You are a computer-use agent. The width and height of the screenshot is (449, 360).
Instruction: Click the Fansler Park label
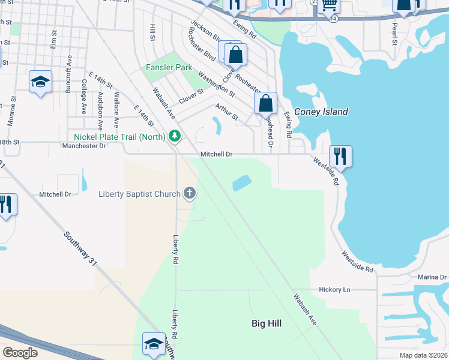pyautogui.click(x=169, y=68)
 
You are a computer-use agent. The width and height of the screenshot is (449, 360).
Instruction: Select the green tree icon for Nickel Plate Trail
pyautogui.click(x=175, y=137)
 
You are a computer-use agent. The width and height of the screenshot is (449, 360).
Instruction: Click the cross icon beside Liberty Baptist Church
pyautogui.click(x=190, y=193)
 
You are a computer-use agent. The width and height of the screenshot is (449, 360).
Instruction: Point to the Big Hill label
pyautogui.click(x=267, y=323)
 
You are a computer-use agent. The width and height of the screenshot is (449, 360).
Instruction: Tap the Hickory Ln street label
pyautogui.click(x=339, y=289)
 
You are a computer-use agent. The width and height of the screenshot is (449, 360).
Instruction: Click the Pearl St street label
pyautogui.click(x=394, y=34)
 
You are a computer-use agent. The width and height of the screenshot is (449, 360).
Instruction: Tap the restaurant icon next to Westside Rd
pyautogui.click(x=340, y=156)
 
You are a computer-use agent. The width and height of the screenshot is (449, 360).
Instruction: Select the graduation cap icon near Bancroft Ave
pyautogui.click(x=40, y=82)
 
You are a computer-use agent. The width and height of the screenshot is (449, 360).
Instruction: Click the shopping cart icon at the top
pyautogui.click(x=328, y=5)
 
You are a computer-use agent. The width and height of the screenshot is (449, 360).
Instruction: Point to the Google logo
pyautogui.click(x=20, y=352)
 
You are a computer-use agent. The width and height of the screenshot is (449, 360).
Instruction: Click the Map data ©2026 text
pyautogui.click(x=423, y=355)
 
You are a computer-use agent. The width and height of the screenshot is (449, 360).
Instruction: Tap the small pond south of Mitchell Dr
pyautogui.click(x=241, y=182)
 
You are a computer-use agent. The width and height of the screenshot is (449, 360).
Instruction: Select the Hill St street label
pyautogui.click(x=152, y=33)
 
